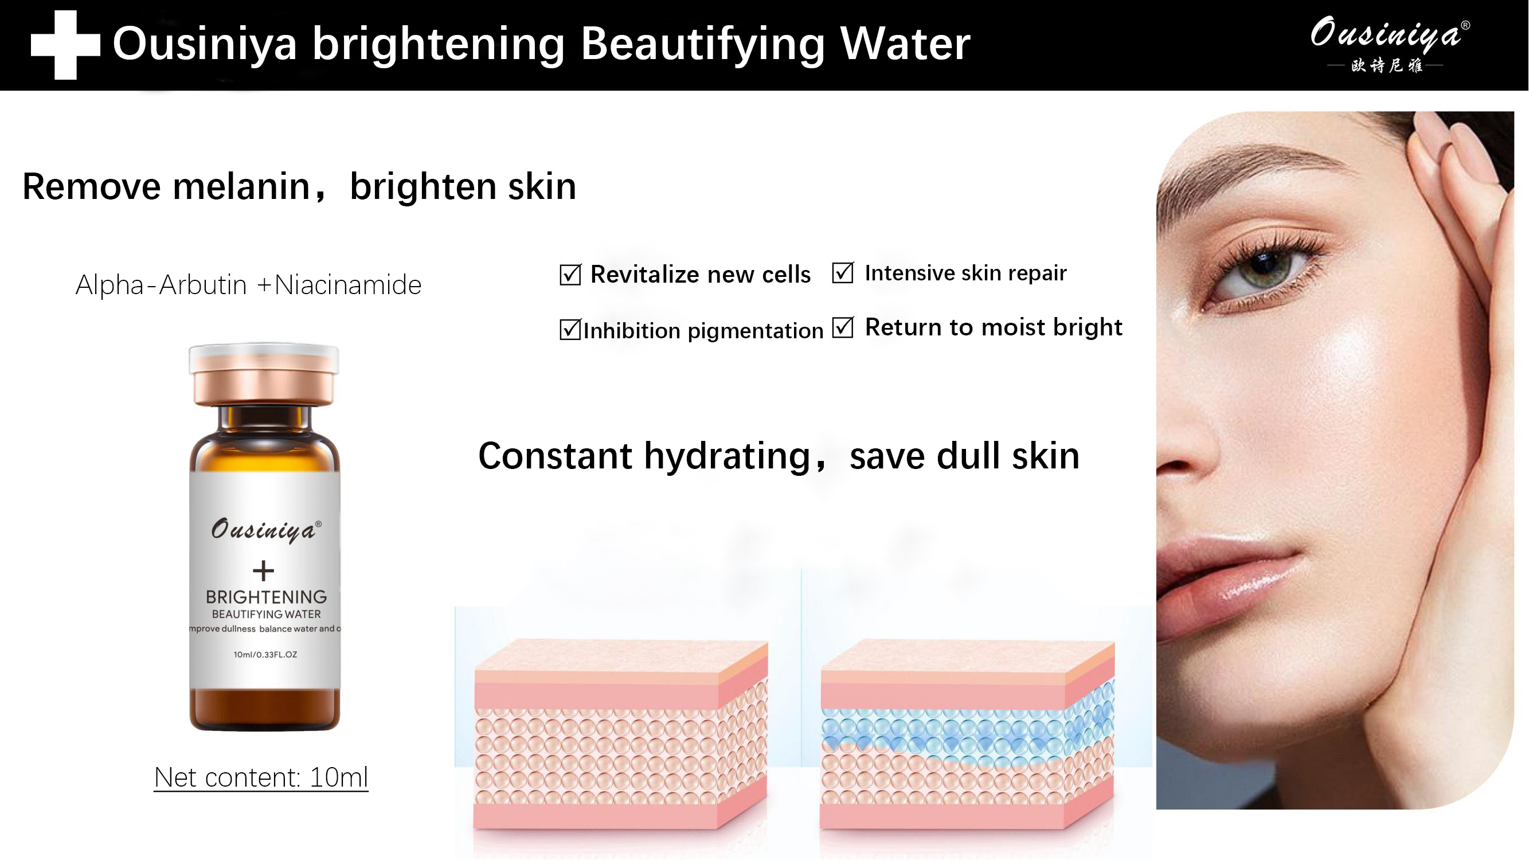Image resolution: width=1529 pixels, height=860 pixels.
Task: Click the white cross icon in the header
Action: coord(65,45)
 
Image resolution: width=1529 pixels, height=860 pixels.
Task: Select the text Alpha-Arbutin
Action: coord(161,286)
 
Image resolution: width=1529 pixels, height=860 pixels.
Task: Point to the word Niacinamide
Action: coord(348,286)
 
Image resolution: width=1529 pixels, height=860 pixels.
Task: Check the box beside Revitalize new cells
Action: coord(570,275)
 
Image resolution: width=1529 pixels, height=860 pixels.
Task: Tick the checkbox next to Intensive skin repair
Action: coord(843,273)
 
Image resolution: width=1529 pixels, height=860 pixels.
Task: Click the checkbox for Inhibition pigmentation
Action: coord(570,330)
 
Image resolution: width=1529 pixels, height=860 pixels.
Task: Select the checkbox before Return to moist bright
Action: coord(843,327)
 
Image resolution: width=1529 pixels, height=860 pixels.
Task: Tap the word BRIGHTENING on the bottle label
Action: coord(267,596)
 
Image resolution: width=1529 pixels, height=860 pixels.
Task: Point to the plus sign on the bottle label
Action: coord(264,571)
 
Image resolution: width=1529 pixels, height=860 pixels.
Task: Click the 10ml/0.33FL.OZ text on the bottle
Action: coord(265,655)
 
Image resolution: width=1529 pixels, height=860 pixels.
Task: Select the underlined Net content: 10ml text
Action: coord(261,777)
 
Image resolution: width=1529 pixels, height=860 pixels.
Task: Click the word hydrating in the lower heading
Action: coord(728,456)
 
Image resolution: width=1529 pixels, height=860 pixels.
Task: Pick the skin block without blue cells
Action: coord(620,736)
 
